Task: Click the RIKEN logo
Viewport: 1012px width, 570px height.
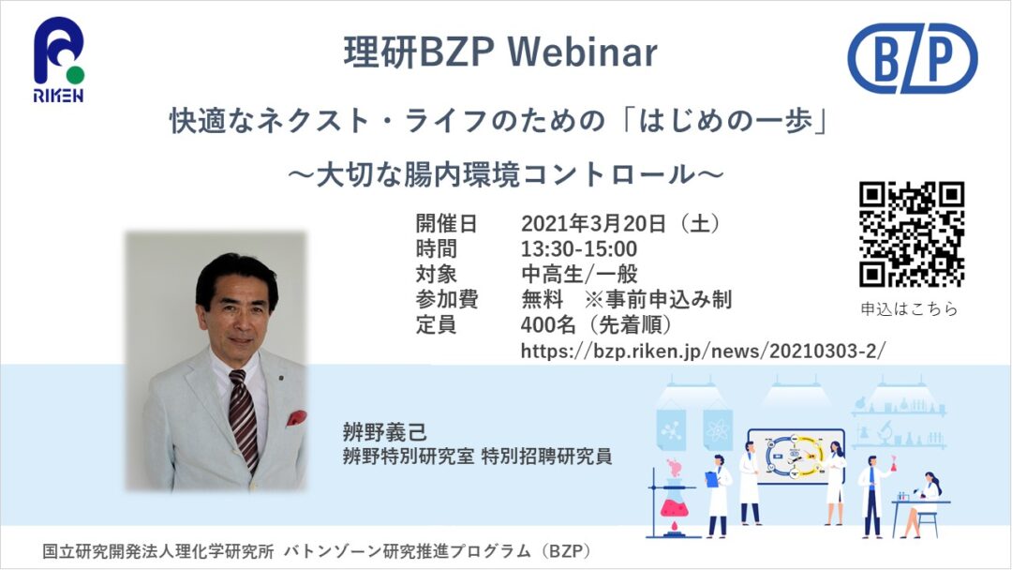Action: click(x=59, y=59)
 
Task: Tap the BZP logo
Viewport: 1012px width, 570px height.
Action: click(x=912, y=57)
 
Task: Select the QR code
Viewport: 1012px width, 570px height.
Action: click(x=912, y=233)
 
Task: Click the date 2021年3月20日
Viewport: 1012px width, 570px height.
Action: click(x=594, y=223)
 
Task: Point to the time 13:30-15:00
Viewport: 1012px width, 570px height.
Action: click(x=579, y=248)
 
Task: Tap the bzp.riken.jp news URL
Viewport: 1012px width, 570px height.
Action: click(x=704, y=351)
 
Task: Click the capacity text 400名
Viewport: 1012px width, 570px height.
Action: click(x=548, y=324)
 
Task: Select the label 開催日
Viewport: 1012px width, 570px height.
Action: click(x=446, y=223)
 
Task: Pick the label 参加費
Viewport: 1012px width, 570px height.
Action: click(x=446, y=299)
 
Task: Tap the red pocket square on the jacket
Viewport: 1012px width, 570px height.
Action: click(x=296, y=418)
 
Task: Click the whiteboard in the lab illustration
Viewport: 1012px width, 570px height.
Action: click(x=796, y=457)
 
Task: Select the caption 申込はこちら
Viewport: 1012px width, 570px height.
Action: click(x=909, y=309)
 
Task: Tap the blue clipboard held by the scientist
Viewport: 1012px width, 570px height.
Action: click(x=711, y=478)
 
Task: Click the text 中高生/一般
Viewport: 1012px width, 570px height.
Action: click(x=579, y=275)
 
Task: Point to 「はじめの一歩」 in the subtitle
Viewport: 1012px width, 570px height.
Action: click(x=725, y=121)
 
